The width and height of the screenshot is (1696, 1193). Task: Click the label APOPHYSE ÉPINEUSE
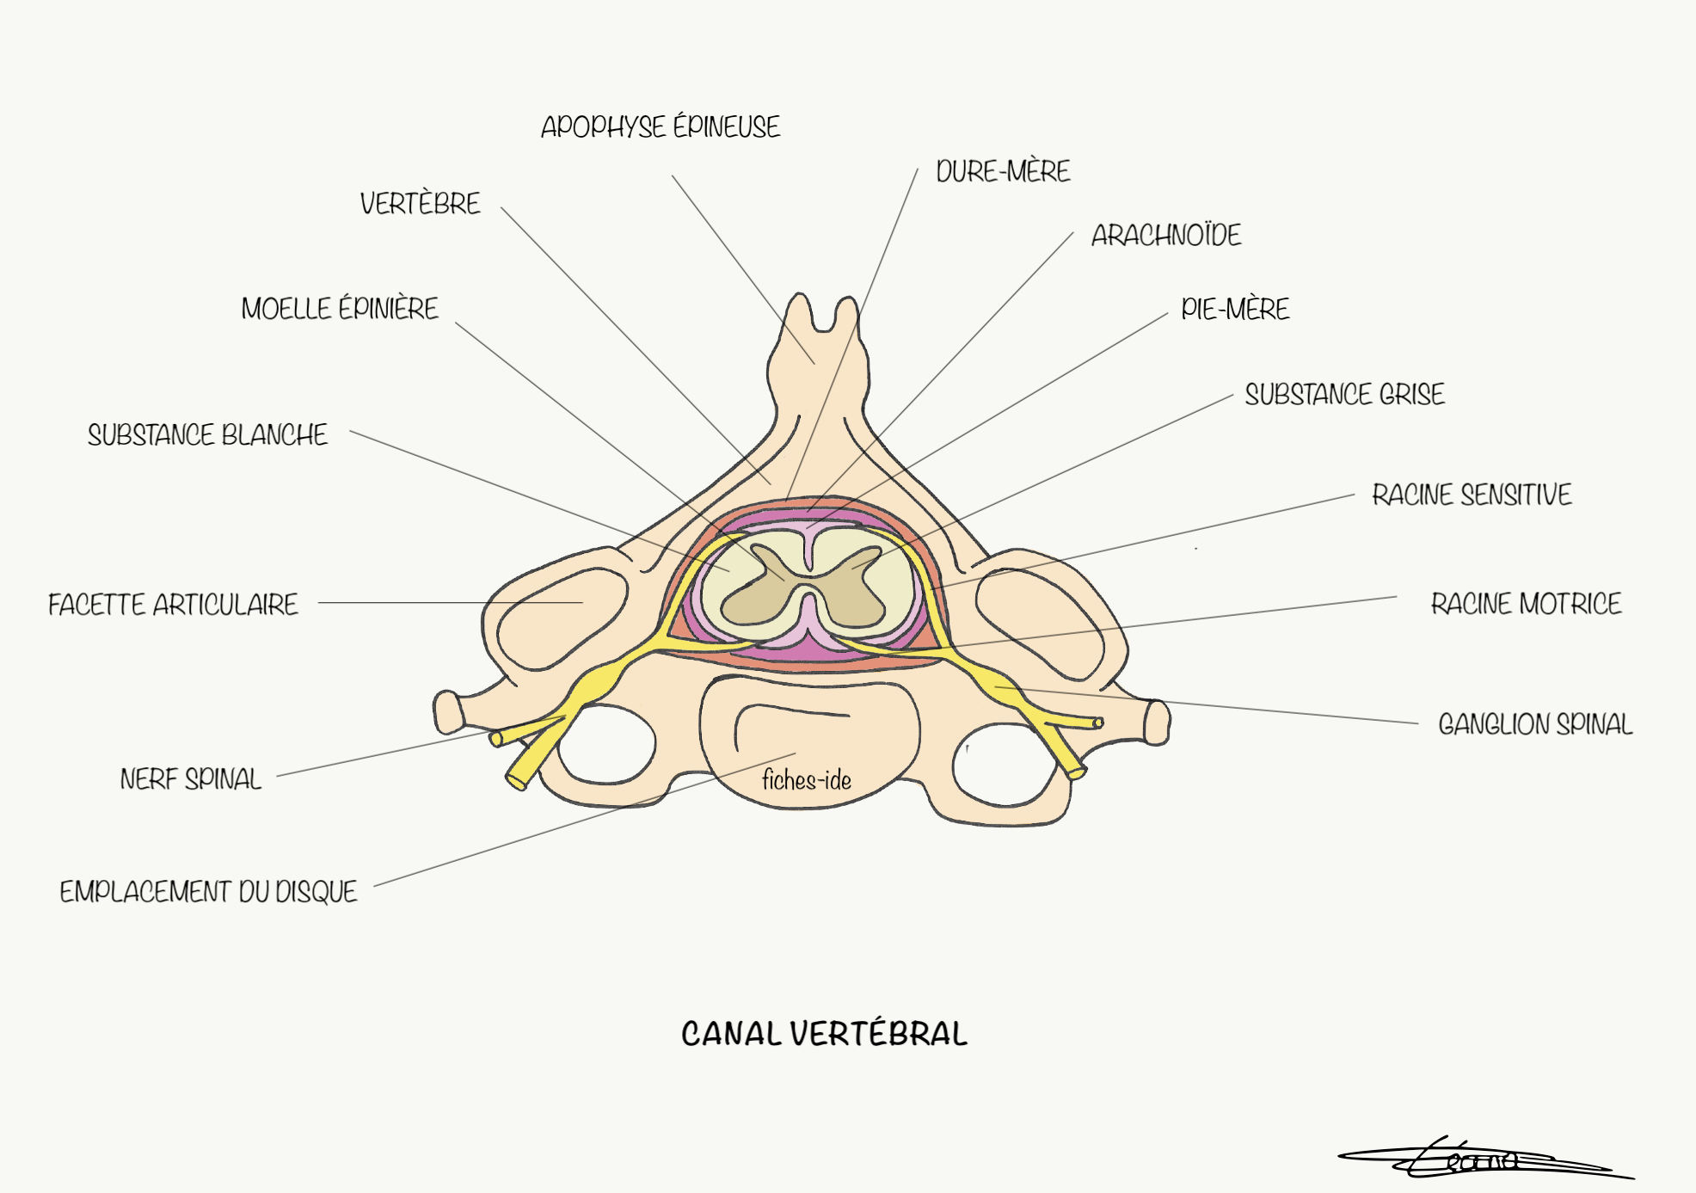660,127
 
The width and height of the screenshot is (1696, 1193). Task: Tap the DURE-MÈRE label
1003,171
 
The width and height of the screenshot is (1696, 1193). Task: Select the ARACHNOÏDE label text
1166,235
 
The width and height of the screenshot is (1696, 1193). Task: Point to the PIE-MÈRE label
1235,309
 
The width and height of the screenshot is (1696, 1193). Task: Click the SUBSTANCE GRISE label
1344,395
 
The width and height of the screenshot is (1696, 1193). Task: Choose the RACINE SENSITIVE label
1472,495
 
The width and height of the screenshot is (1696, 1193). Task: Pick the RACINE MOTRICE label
1526,604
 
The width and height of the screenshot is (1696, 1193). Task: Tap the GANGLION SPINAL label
1535,724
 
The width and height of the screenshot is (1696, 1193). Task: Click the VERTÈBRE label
420,204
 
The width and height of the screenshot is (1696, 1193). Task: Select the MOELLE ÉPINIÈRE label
340,309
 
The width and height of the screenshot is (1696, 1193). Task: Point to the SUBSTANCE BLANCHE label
207,435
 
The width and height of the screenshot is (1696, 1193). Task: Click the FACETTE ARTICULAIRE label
173,605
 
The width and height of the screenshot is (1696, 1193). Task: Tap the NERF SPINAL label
190,779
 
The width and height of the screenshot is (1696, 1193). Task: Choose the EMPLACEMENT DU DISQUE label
208,892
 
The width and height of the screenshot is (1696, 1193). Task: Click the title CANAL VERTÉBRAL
824,1034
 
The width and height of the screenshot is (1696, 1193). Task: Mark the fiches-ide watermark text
806,780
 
